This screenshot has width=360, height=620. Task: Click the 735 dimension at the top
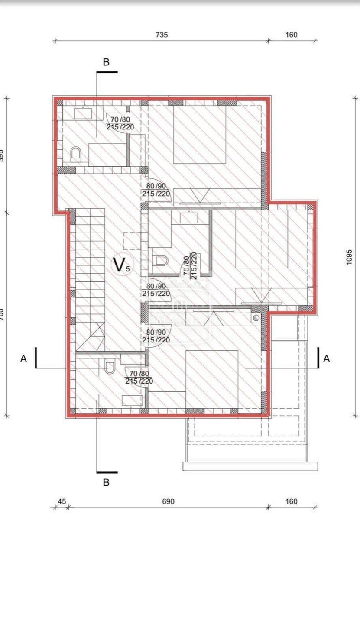[162, 35]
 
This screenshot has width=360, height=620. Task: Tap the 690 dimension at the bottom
[168, 501]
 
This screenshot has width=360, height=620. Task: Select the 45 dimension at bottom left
[62, 501]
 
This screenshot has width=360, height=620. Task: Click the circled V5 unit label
[120, 265]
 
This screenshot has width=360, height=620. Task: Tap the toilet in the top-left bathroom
[76, 154]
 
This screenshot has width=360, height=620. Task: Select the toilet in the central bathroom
[161, 261]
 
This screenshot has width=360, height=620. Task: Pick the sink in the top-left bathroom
[82, 113]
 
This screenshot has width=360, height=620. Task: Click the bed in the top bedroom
[200, 135]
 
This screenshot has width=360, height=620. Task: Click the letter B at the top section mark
[106, 62]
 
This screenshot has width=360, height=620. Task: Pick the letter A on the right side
[327, 358]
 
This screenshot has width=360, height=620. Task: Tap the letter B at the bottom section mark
[106, 482]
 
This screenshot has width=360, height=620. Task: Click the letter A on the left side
[23, 358]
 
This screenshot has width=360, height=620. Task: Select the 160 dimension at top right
[292, 35]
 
